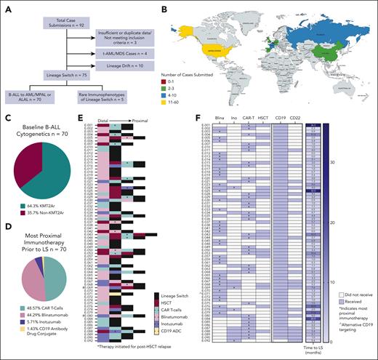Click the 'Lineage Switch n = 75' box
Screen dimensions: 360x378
(45, 105)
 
